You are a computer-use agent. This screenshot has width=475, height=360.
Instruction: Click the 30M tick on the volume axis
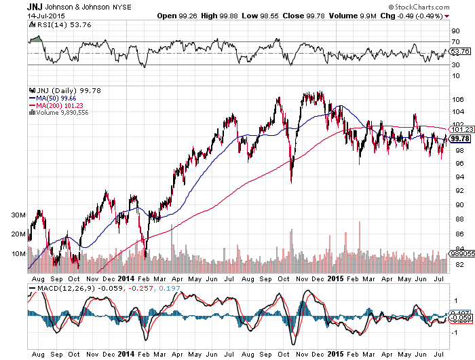coord(18,215)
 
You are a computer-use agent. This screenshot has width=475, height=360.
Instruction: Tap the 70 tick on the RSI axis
coord(454,42)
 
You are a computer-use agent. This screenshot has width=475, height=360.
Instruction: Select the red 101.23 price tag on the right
coord(460,129)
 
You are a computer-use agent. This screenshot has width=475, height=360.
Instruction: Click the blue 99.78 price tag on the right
coord(460,139)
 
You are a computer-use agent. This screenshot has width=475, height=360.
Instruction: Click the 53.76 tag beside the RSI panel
coord(460,52)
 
